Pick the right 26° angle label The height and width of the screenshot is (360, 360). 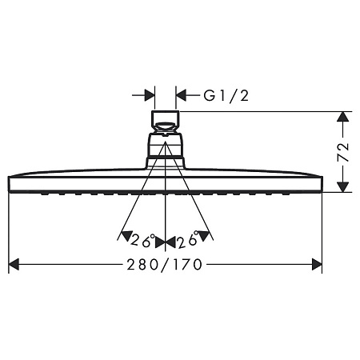tap(188, 239)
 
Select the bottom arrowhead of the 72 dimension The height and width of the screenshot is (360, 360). tap(342, 186)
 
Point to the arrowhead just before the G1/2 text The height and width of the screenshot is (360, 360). tap(181, 95)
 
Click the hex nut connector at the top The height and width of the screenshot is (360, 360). tap(165, 123)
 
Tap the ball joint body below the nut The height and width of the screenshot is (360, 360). tap(165, 150)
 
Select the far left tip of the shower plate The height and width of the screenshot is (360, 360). tap(9, 183)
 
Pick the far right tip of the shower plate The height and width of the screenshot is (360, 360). tap(321, 183)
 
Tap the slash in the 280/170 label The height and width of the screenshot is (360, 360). tap(166, 264)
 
